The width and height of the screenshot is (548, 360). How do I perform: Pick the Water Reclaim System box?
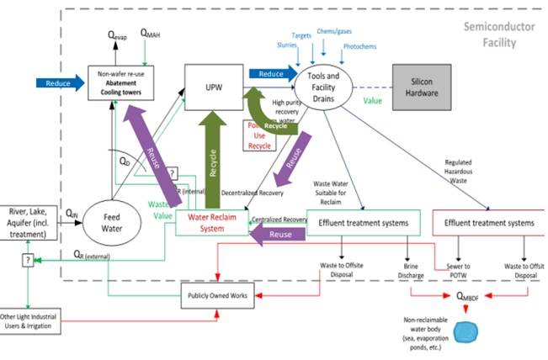point(210,223)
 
